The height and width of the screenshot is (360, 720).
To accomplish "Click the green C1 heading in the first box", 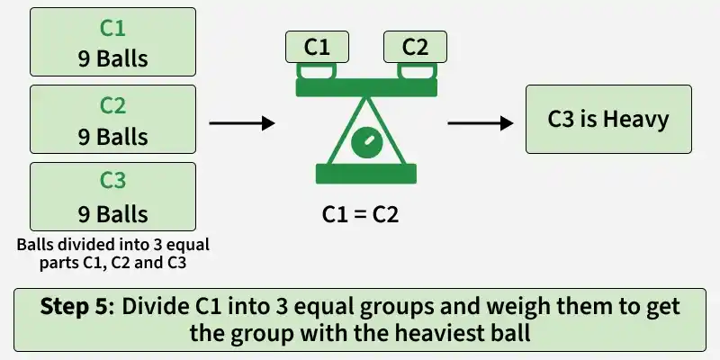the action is coord(112,28).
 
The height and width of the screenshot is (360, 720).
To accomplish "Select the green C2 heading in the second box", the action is coord(112,105).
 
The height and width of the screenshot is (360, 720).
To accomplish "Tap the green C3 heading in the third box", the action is coord(112,181).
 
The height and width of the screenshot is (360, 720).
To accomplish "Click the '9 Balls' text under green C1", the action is coord(113,58).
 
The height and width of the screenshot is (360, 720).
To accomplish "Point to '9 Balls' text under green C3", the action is coord(113,214).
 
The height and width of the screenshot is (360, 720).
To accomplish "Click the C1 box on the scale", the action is coord(317,47).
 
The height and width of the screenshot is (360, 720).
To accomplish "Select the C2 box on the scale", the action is coord(415,47).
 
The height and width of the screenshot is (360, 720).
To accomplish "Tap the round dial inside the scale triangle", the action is coord(366,143).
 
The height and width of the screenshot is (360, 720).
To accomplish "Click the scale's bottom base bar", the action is coord(366,174).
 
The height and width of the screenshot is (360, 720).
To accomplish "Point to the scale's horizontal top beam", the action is coord(366,87).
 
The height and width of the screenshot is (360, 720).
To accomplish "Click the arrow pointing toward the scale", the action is coord(242,123).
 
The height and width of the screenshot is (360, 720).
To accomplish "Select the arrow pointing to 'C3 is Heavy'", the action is coord(481,123).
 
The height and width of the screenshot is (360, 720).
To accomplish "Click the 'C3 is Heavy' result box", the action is coord(608,120).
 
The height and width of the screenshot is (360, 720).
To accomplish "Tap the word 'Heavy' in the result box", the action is coord(636,121).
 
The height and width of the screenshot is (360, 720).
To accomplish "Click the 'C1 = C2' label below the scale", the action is coord(361,215).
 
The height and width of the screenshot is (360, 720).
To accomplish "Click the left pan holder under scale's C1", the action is coord(317,71).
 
